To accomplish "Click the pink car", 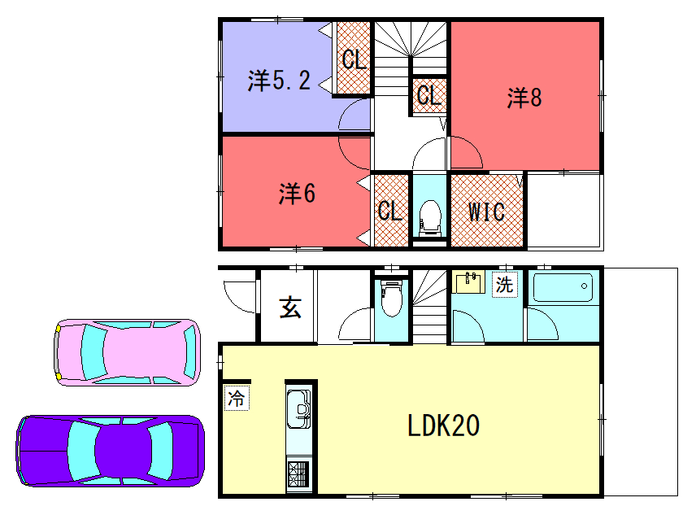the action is (127, 352).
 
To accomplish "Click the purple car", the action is (111, 451).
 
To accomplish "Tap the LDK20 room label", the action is (443, 426).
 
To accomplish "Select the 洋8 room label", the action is (524, 98).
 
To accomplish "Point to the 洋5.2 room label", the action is (279, 81).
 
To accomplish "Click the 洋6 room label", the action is (297, 194).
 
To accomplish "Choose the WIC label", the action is (486, 212).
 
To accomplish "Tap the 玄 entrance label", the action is (290, 308).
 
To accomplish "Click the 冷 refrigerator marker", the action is (236, 398).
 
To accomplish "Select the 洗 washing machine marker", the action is (505, 284).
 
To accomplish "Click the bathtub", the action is (563, 287).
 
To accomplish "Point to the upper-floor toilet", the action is (430, 217).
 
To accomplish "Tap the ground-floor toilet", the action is (392, 299).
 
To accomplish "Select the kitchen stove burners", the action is (298, 474).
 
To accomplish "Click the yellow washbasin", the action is (468, 282).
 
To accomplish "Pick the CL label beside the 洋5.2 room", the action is (355, 59).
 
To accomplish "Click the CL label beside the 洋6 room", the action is (390, 211).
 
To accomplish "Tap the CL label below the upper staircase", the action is (428, 95).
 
